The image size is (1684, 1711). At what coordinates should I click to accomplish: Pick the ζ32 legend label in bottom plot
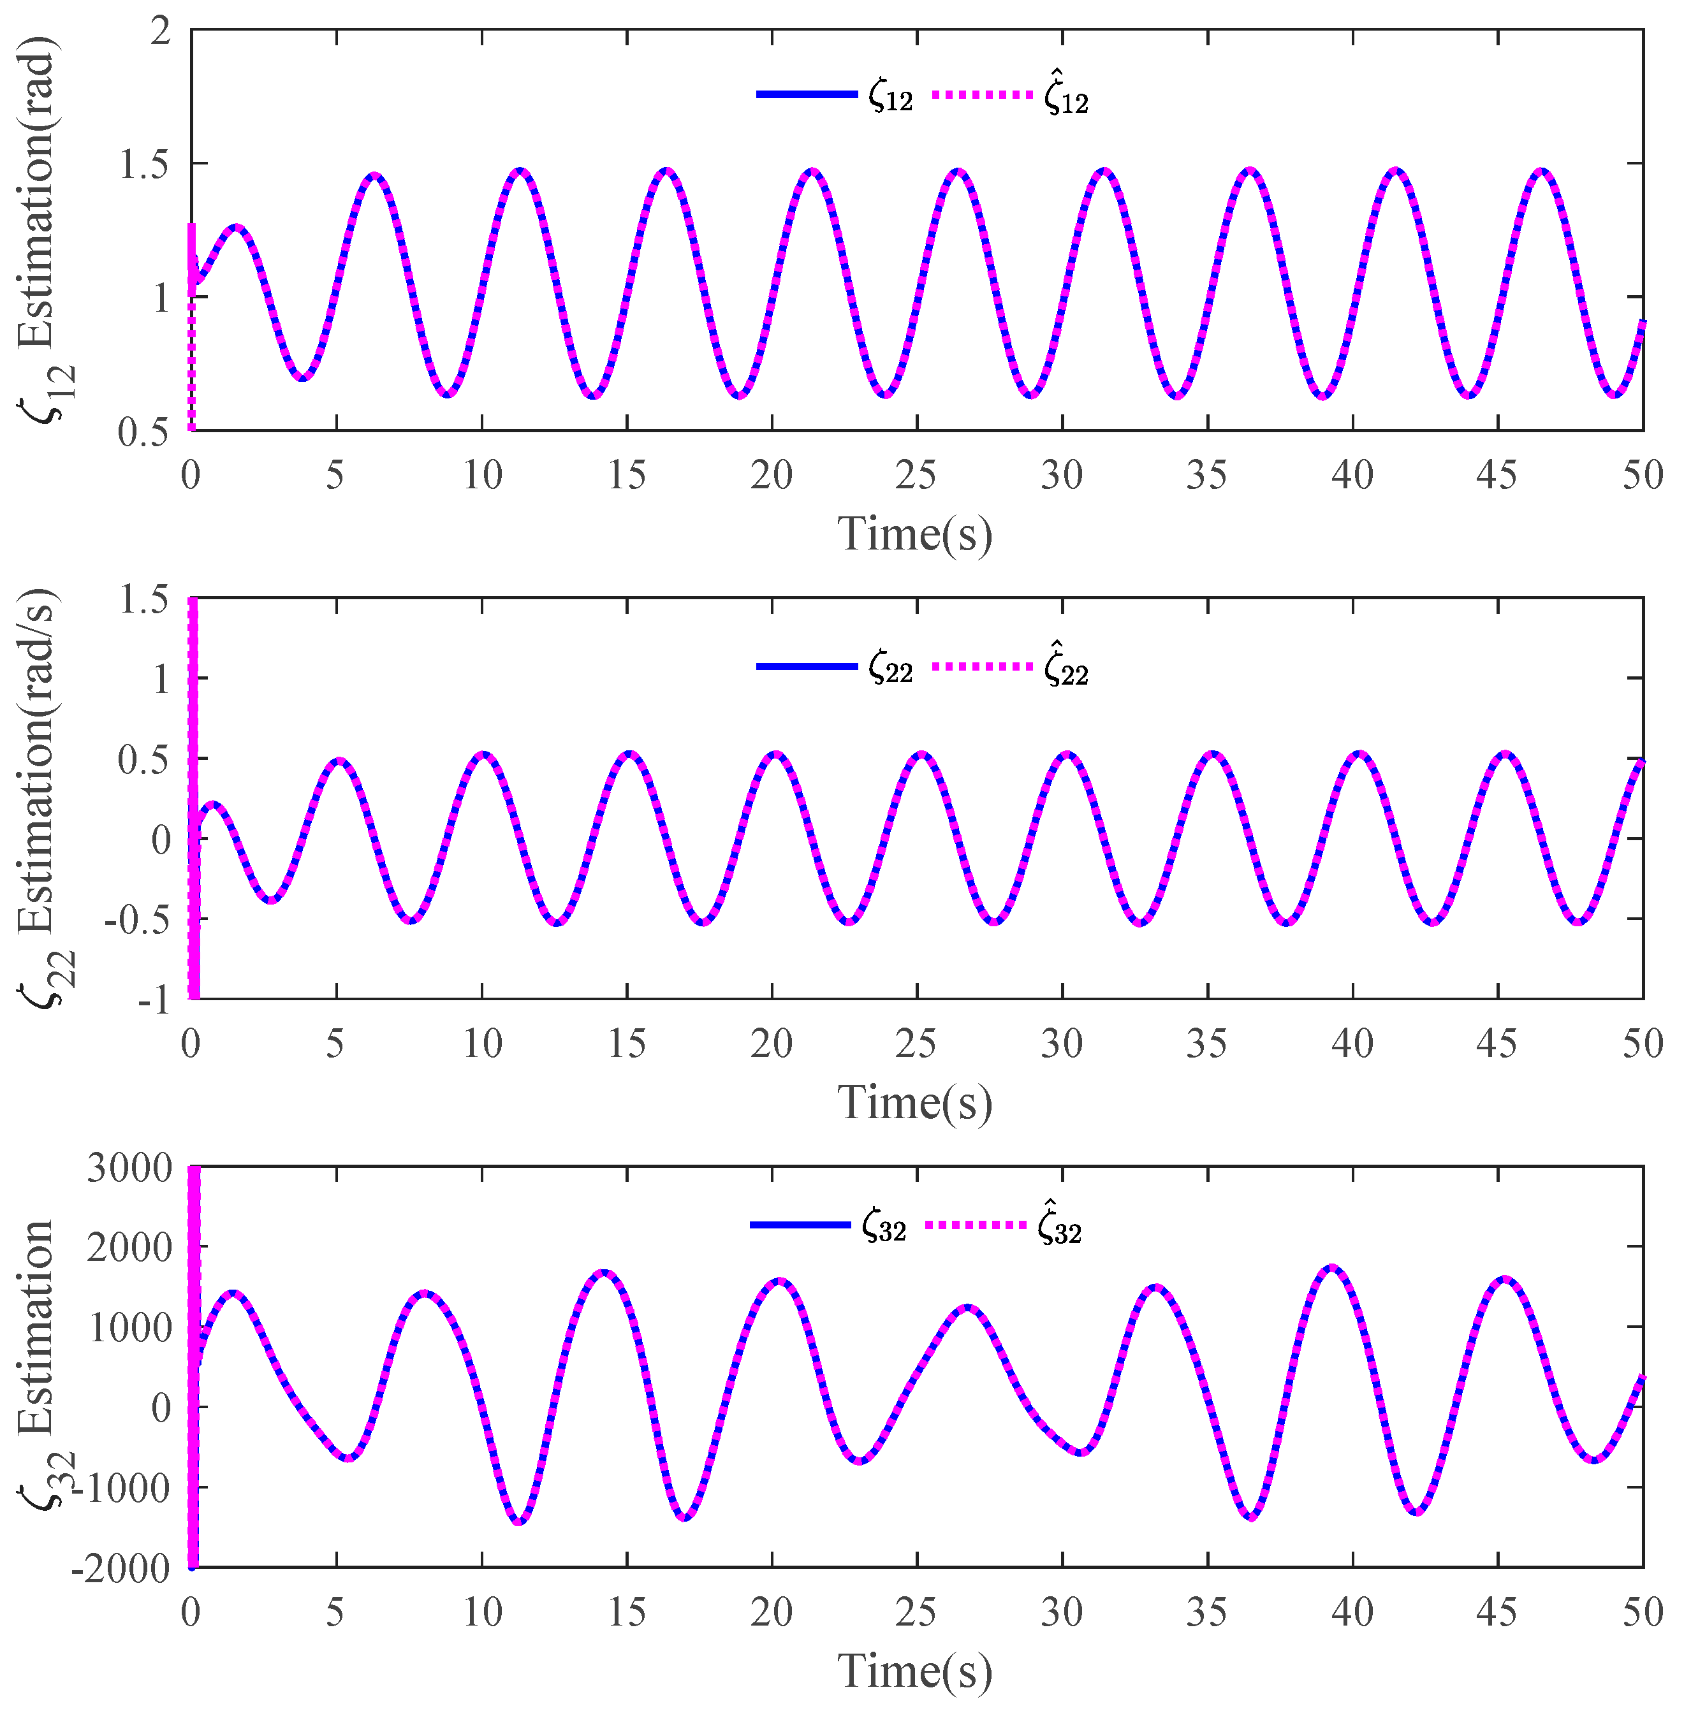[884, 1228]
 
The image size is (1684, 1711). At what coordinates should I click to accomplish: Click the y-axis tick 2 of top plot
[160, 32]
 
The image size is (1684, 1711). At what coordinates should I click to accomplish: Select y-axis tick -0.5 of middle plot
[138, 921]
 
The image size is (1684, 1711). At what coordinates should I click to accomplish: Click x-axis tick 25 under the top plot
[916, 477]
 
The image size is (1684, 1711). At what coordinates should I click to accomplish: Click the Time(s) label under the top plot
[916, 534]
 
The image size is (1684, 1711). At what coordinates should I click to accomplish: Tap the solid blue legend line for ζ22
[807, 666]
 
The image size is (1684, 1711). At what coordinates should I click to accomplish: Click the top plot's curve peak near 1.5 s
[235, 227]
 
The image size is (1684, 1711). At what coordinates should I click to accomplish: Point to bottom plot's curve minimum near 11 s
[518, 1521]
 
